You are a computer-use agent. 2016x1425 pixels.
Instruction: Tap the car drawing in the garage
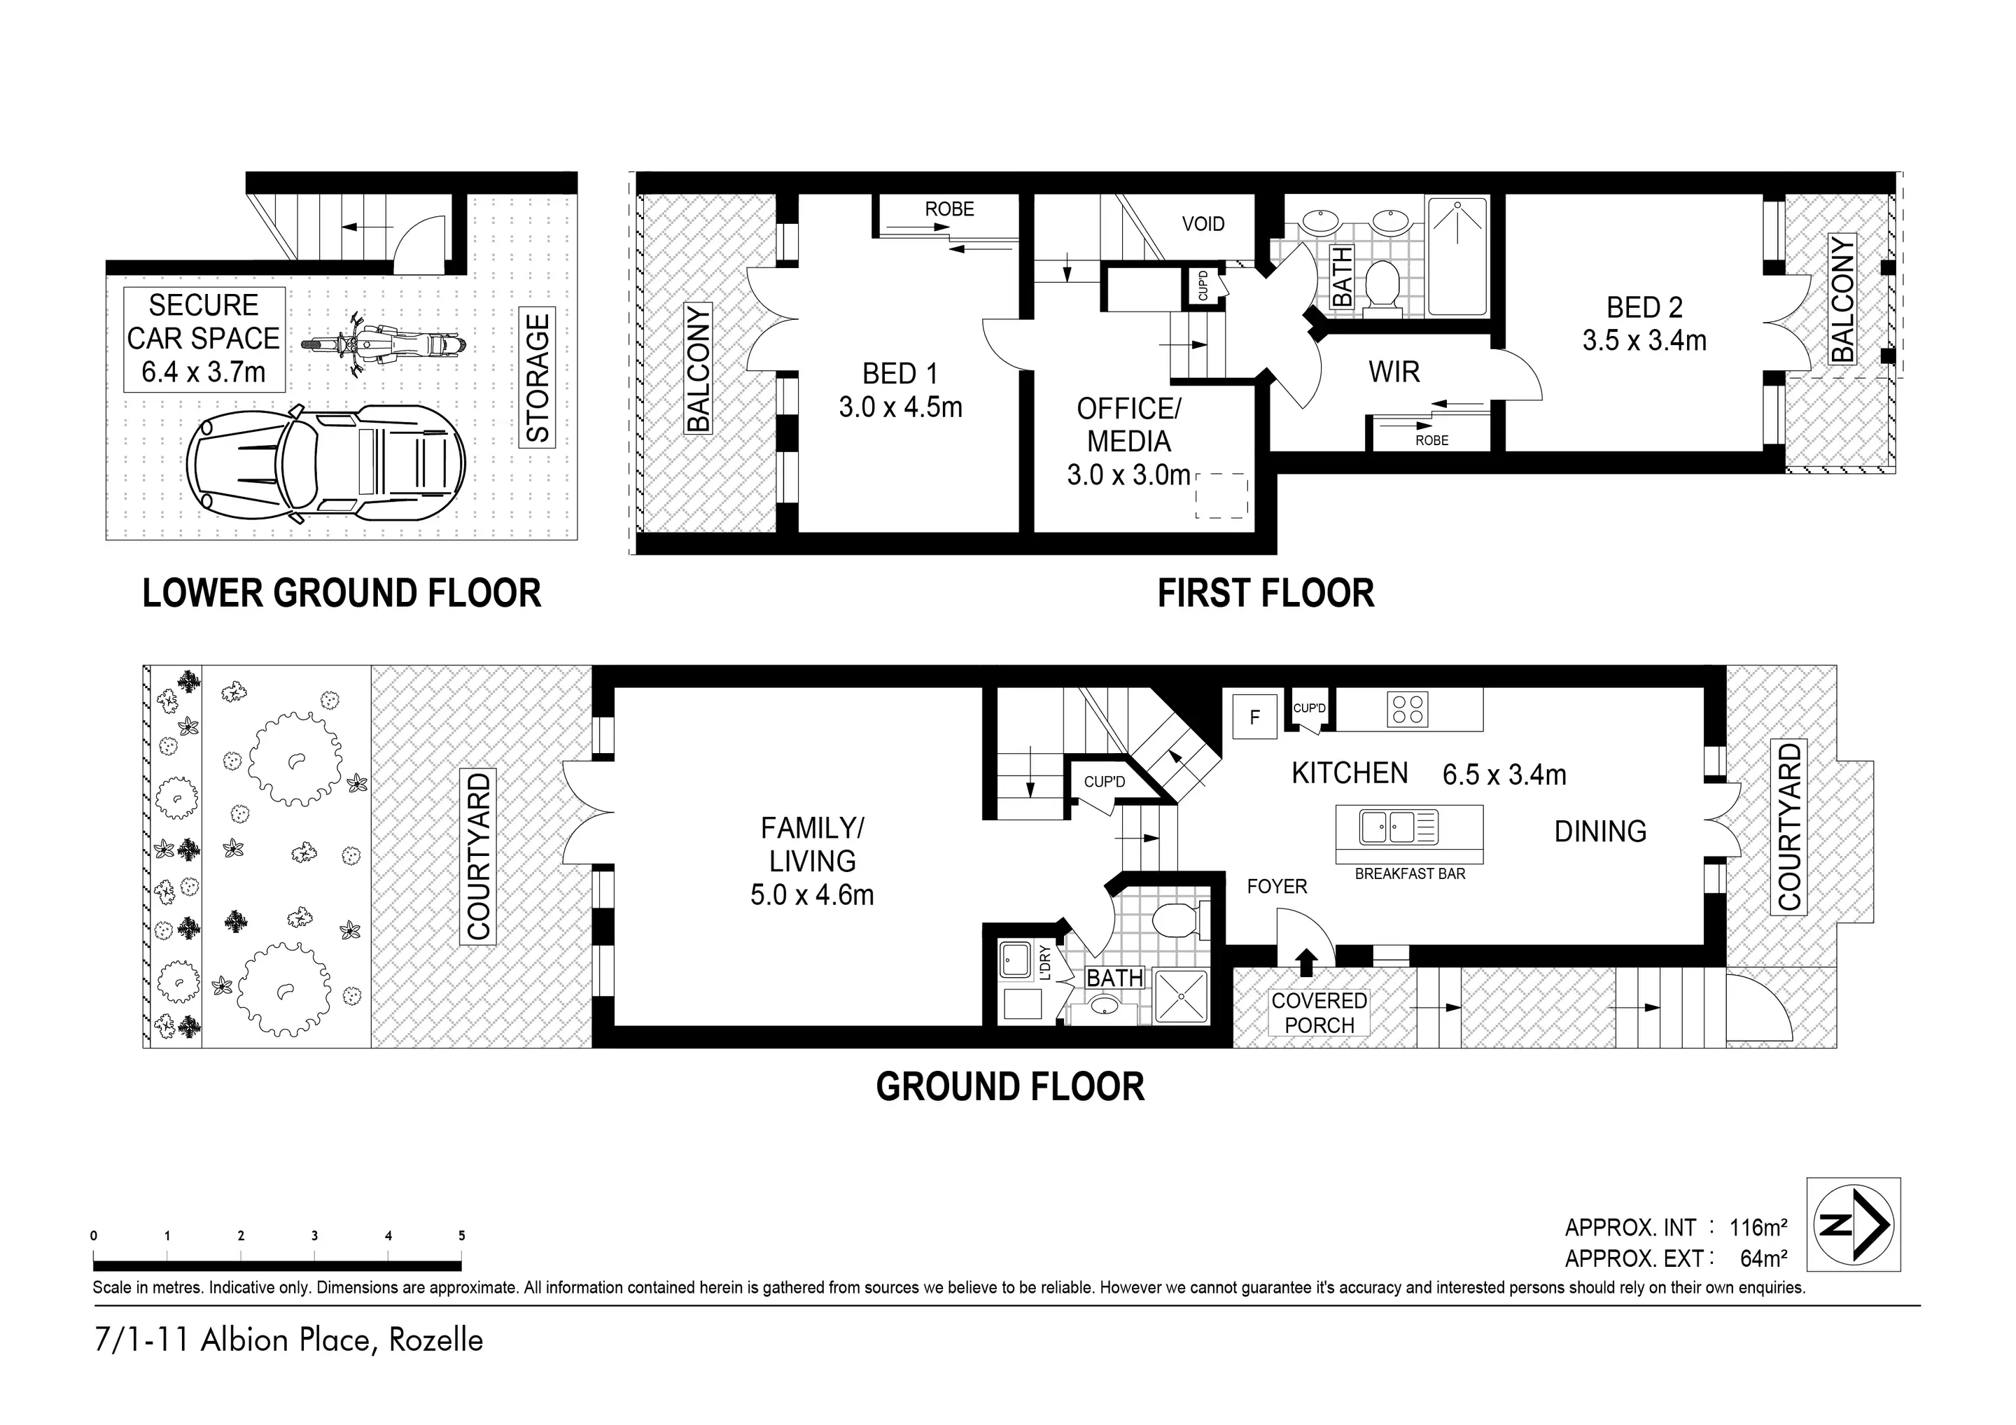pyautogui.click(x=325, y=465)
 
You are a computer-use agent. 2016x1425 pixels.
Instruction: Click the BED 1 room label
pyautogui.click(x=900, y=374)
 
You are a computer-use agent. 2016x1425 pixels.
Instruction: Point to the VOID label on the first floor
pyautogui.click(x=1203, y=224)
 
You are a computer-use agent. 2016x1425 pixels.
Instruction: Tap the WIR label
pyautogui.click(x=1394, y=372)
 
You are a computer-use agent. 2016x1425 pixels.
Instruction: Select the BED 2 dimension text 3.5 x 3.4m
pyautogui.click(x=1644, y=341)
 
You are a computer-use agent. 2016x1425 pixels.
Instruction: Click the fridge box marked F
pyautogui.click(x=1254, y=717)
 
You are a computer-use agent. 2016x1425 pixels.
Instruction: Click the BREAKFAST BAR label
pyautogui.click(x=1410, y=873)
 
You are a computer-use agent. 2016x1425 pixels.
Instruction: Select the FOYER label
pyautogui.click(x=1277, y=887)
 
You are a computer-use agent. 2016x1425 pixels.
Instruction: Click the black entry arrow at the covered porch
pyautogui.click(x=1306, y=962)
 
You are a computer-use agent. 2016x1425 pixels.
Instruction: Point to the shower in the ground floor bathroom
pyautogui.click(x=1181, y=997)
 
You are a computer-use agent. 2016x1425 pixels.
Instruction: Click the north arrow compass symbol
pyautogui.click(x=1854, y=1226)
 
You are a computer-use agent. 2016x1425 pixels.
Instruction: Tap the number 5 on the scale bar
pyautogui.click(x=462, y=1235)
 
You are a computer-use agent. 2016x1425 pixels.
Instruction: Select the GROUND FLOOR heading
pyautogui.click(x=1010, y=1087)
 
